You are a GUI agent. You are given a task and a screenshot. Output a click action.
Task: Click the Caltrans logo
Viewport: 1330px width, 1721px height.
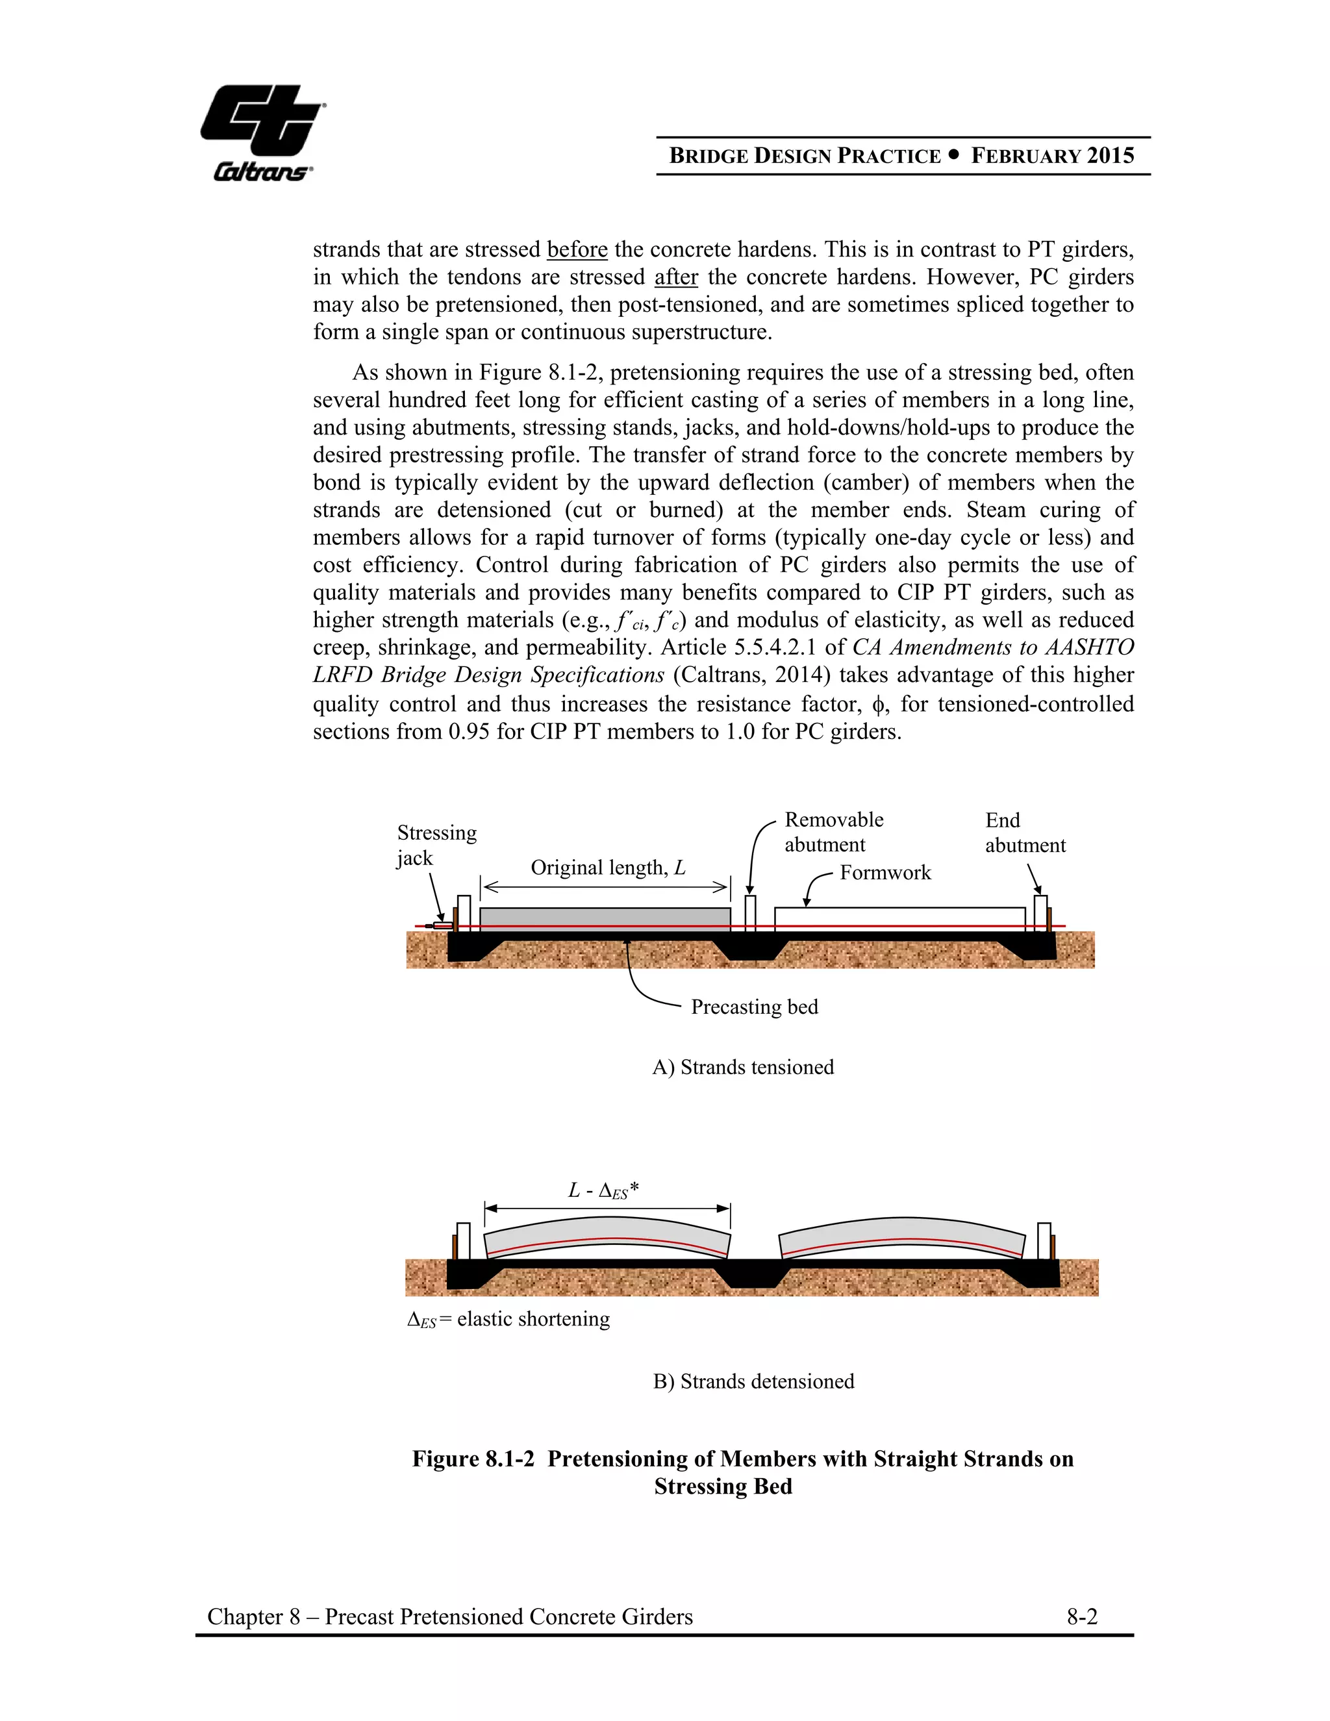click(262, 132)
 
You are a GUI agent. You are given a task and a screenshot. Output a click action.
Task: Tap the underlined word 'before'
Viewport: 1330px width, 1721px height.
click(577, 250)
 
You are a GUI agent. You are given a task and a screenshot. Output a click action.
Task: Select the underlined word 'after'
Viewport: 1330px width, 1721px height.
click(676, 277)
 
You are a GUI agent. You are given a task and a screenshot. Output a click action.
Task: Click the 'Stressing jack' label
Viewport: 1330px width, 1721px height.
click(436, 845)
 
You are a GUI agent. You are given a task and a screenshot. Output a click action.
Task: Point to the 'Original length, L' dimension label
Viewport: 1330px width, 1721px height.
click(607, 868)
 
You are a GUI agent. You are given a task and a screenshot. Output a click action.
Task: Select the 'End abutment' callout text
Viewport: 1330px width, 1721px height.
click(1024, 833)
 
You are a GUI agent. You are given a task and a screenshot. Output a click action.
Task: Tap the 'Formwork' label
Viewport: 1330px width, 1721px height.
click(885, 872)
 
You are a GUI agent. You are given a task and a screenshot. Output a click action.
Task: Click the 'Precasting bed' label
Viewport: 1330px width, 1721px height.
click(754, 1007)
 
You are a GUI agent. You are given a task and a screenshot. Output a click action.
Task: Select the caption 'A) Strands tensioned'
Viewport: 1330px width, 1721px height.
click(742, 1067)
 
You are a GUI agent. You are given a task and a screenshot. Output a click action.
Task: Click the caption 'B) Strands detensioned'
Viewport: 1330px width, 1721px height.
click(753, 1381)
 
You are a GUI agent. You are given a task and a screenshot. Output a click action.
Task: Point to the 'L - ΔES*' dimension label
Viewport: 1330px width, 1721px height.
click(603, 1190)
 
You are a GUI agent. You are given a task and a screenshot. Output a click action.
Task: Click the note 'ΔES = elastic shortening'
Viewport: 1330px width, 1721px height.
click(508, 1319)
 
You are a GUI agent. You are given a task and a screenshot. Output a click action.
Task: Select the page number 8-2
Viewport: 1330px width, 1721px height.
click(1082, 1617)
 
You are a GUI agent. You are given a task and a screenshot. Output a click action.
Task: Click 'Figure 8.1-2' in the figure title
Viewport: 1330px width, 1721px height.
click(473, 1459)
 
